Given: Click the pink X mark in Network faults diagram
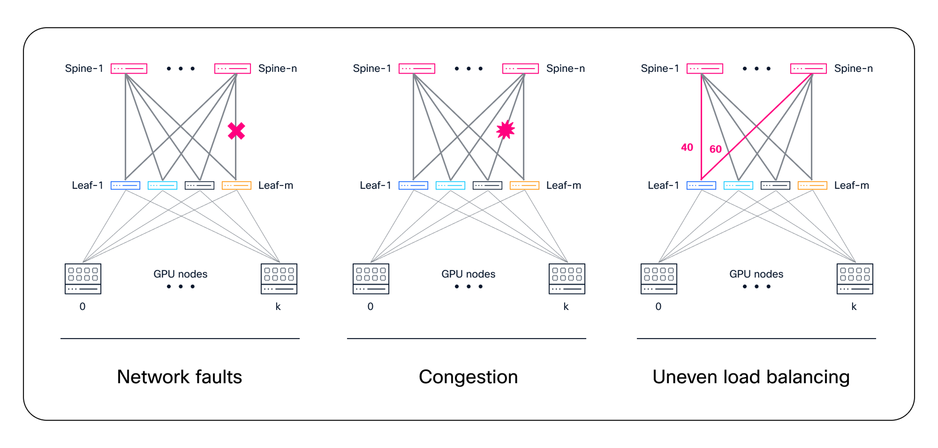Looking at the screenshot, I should point(236,131).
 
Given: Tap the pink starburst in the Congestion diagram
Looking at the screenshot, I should point(506,130).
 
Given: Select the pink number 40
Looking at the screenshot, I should point(687,147).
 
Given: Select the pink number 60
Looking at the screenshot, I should point(715,149).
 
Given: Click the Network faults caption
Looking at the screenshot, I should point(180,377).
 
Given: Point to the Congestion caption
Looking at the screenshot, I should point(468,377).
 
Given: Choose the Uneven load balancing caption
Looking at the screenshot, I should point(751,377).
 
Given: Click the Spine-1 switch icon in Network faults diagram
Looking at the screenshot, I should point(129,69).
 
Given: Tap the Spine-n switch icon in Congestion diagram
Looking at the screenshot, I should point(521,69).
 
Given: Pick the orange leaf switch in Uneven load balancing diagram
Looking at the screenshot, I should point(812,185).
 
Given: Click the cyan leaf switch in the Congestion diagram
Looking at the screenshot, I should point(450,185).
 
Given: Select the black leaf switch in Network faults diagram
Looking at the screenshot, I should point(199,185).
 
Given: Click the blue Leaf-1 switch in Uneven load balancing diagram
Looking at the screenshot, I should point(701,185).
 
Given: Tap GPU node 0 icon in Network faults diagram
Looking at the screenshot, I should point(83,279).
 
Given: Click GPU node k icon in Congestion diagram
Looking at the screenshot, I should point(567,279).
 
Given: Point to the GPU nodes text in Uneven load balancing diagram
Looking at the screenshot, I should point(756,274).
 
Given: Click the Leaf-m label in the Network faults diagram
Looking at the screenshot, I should point(276,185).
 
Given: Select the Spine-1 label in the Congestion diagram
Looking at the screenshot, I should point(372,69).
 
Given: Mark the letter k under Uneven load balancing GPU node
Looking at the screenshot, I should point(854,307).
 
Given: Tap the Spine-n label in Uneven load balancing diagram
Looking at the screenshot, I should point(854,69).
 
